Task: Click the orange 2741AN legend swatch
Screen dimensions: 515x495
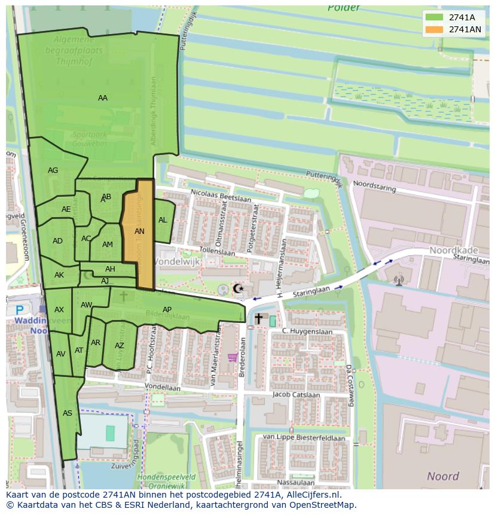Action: pyautogui.click(x=435, y=29)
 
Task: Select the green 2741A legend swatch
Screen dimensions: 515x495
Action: pyautogui.click(x=435, y=17)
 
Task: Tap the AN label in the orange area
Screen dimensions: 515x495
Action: pyautogui.click(x=139, y=231)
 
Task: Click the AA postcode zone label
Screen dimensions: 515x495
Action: pyautogui.click(x=103, y=98)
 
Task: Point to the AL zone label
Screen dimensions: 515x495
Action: pyautogui.click(x=163, y=220)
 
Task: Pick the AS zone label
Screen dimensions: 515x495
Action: pyautogui.click(x=68, y=413)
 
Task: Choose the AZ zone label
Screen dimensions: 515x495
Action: pyautogui.click(x=120, y=346)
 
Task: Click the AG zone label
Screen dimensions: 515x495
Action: pyautogui.click(x=53, y=170)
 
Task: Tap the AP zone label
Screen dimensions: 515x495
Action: pyautogui.click(x=167, y=309)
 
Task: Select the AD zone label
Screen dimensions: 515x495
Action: pyautogui.click(x=57, y=241)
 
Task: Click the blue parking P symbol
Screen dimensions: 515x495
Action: pyautogui.click(x=20, y=310)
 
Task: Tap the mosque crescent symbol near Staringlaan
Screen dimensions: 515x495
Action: pyautogui.click(x=238, y=289)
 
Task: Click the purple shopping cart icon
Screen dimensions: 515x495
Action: pyautogui.click(x=233, y=358)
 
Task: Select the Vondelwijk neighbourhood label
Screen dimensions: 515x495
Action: pyautogui.click(x=178, y=262)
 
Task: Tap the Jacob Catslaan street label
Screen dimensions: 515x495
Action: pyautogui.click(x=294, y=395)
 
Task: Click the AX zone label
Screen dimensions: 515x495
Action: pyautogui.click(x=59, y=310)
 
